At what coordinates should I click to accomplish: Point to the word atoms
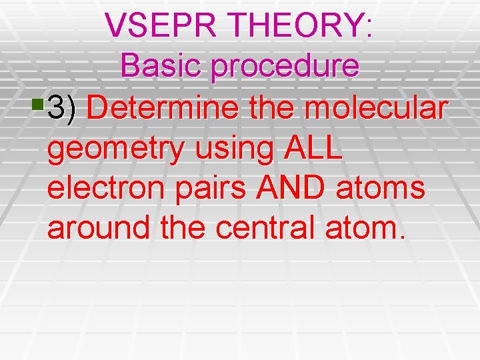tap(386, 188)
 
